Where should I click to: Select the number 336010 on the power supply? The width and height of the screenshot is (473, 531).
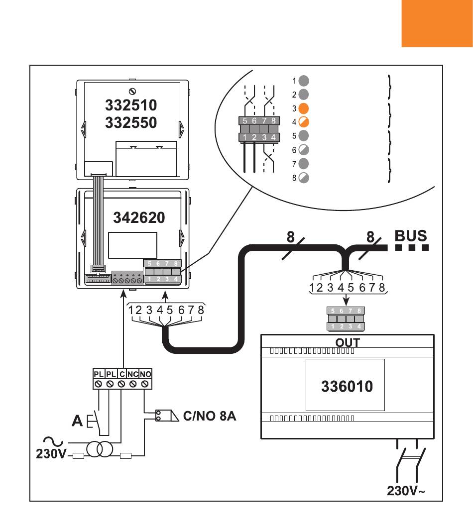pyautogui.click(x=347, y=386)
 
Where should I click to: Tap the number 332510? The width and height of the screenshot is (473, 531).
pyautogui.click(x=131, y=106)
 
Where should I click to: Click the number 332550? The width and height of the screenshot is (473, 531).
pyautogui.click(x=131, y=122)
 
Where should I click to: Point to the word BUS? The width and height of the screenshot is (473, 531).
pyautogui.click(x=411, y=235)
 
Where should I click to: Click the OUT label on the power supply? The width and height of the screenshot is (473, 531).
pyautogui.click(x=348, y=342)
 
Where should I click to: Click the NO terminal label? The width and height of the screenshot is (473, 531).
pyautogui.click(x=145, y=373)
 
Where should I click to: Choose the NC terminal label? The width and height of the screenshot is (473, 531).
pyautogui.click(x=133, y=373)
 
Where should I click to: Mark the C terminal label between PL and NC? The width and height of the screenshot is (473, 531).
pyautogui.click(x=122, y=373)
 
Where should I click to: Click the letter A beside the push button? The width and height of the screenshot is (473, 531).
pyautogui.click(x=77, y=422)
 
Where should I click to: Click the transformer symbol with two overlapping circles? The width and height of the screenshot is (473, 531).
pyautogui.click(x=100, y=450)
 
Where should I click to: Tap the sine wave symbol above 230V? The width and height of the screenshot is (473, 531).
pyautogui.click(x=52, y=440)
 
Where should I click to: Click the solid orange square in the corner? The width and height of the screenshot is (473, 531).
pyautogui.click(x=437, y=23)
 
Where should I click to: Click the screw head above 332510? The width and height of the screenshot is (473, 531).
pyautogui.click(x=132, y=91)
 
